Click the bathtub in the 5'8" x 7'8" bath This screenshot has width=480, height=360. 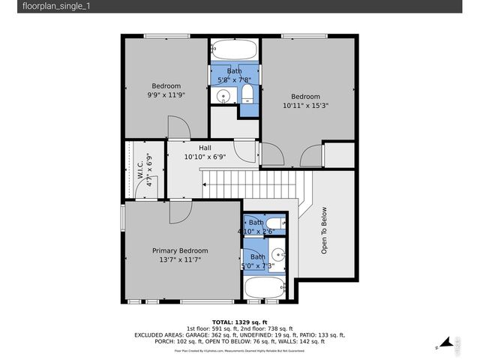[x=234, y=52]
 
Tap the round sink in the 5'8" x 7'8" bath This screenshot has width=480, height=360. [x=223, y=95]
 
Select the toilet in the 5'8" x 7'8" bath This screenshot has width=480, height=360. [x=247, y=94]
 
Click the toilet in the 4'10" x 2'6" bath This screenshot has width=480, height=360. [x=274, y=223]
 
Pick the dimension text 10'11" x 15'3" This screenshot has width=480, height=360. [x=306, y=106]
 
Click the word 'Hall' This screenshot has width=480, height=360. [x=204, y=148]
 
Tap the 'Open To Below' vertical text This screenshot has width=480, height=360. [x=324, y=231]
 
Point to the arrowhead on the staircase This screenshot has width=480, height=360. [x=202, y=181]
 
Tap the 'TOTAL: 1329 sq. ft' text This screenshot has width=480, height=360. [x=240, y=321]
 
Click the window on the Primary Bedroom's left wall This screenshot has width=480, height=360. [x=124, y=219]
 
